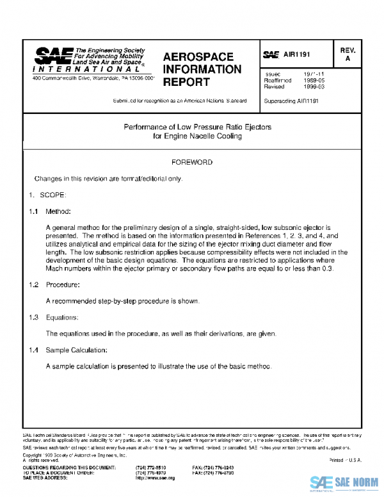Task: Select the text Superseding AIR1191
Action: (291, 101)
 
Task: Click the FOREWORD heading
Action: (191, 163)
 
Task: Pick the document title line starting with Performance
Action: (197, 127)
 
